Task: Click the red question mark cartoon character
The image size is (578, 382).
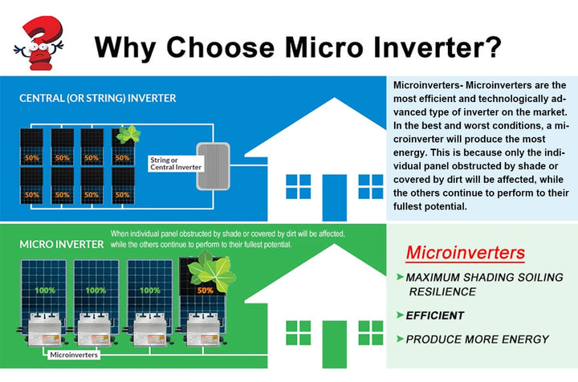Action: (x=39, y=43)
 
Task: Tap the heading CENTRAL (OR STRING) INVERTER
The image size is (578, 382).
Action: (x=98, y=99)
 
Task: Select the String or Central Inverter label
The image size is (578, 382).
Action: (x=176, y=164)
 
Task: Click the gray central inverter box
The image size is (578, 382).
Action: (x=214, y=166)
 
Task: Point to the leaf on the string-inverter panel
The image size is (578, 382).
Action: (x=128, y=134)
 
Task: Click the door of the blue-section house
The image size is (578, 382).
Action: (x=334, y=197)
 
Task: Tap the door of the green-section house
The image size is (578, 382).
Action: (x=334, y=344)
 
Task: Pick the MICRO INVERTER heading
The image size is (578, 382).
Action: (x=62, y=245)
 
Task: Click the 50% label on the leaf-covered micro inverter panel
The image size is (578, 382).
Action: (x=206, y=291)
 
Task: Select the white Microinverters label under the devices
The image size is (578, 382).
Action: (x=74, y=355)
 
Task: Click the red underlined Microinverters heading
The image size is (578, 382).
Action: (x=465, y=253)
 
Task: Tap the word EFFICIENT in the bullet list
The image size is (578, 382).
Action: (x=435, y=315)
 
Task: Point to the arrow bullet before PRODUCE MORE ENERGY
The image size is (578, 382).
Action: (x=400, y=339)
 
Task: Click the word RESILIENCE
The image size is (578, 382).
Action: (x=442, y=292)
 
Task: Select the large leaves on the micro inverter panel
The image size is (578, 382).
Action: (x=211, y=271)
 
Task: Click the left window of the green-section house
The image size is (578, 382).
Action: (x=298, y=332)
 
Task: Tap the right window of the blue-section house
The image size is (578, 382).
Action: (x=370, y=187)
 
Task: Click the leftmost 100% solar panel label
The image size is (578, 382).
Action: (x=45, y=291)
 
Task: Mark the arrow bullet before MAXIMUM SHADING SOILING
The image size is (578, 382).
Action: (x=400, y=277)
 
